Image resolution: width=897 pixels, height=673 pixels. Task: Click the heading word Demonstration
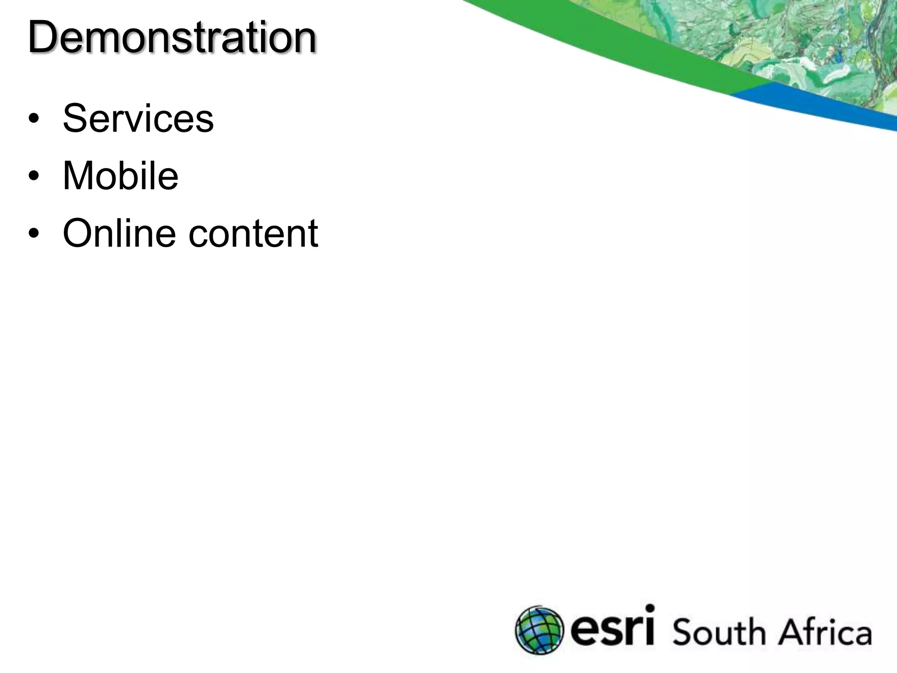(172, 38)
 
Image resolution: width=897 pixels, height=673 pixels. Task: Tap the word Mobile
(120, 176)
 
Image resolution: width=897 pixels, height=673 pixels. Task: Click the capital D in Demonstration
(44, 38)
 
